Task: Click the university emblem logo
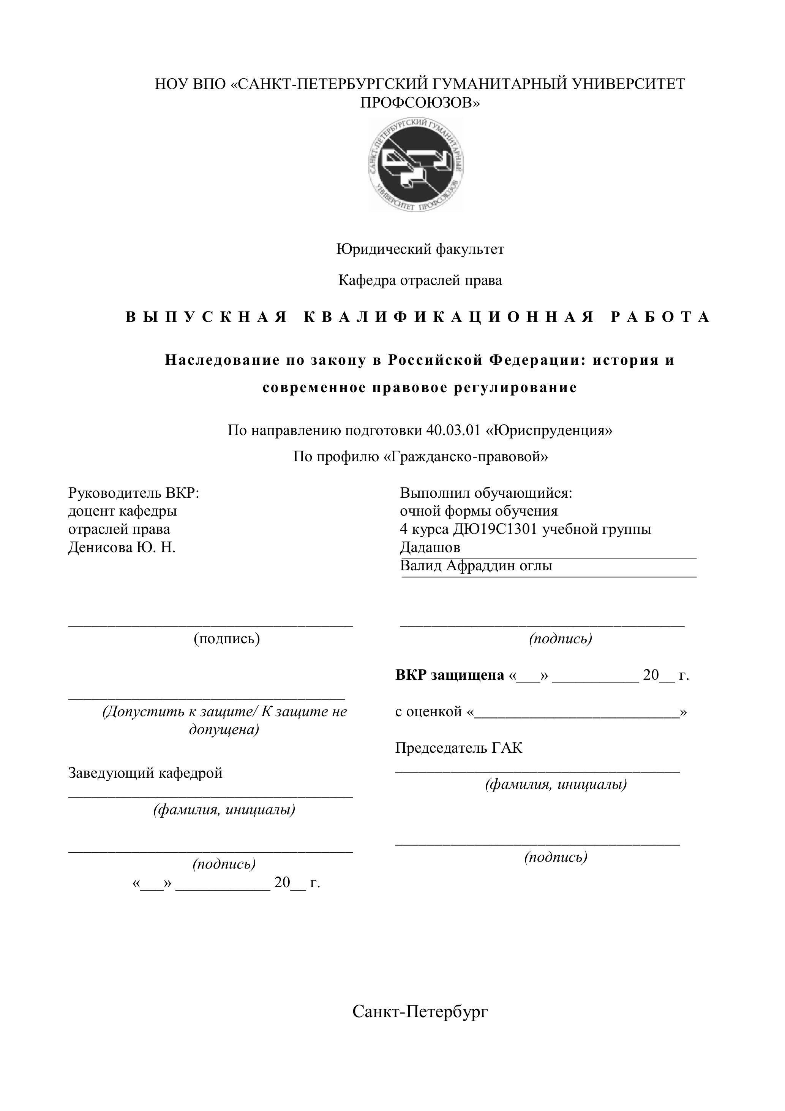(x=416, y=165)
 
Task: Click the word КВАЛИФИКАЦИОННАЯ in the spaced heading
(x=449, y=317)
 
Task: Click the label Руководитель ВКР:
(x=134, y=493)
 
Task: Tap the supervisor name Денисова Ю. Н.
(x=122, y=547)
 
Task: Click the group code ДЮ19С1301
(x=495, y=529)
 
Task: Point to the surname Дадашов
(x=430, y=547)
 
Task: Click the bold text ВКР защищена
(x=449, y=675)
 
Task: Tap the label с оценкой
(x=428, y=712)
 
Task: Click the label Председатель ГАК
(x=458, y=748)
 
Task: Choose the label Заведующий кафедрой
(x=145, y=773)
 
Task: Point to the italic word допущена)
(x=224, y=729)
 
